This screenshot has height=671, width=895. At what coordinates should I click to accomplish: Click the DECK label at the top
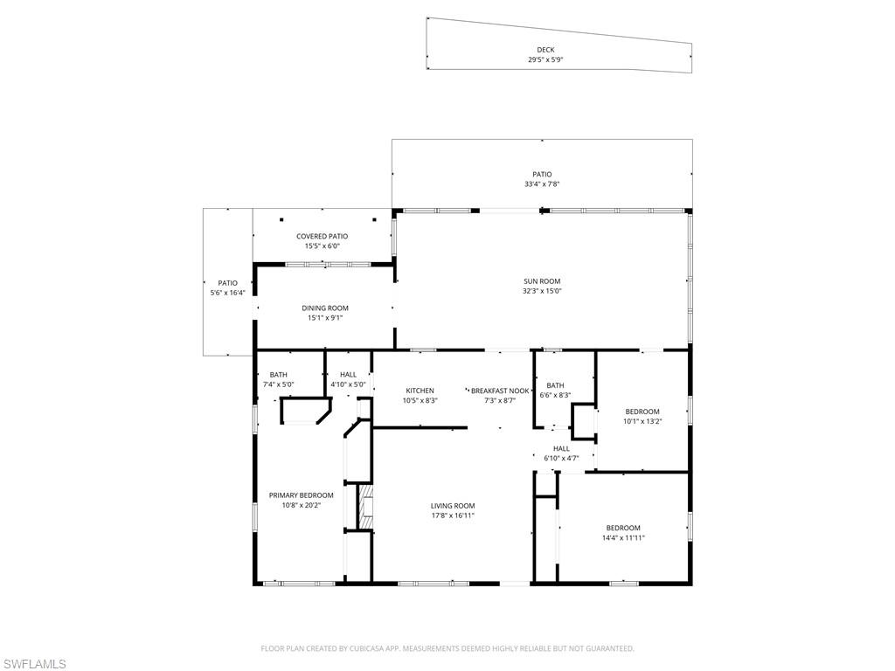pyautogui.click(x=545, y=50)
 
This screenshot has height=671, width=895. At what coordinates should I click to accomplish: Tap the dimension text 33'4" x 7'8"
pyautogui.click(x=542, y=184)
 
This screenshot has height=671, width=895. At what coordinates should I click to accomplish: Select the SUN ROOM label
pyautogui.click(x=542, y=281)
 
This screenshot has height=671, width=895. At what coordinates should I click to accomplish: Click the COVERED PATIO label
pyautogui.click(x=322, y=236)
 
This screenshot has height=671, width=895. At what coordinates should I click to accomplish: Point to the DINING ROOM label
pyautogui.click(x=325, y=308)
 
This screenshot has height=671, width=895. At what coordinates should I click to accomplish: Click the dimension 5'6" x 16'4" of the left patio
pyautogui.click(x=227, y=293)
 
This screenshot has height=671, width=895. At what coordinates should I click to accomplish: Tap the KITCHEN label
pyautogui.click(x=420, y=391)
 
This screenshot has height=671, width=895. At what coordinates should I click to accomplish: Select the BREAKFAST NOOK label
pyautogui.click(x=500, y=391)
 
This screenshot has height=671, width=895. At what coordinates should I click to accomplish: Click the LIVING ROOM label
pyautogui.click(x=453, y=506)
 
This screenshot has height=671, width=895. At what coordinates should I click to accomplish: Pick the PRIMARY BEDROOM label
pyautogui.click(x=301, y=495)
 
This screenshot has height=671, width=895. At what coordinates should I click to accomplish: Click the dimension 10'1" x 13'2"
pyautogui.click(x=642, y=421)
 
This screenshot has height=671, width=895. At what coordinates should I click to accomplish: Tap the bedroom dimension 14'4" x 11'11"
pyautogui.click(x=623, y=537)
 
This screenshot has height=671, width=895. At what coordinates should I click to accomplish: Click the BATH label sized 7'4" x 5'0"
pyautogui.click(x=278, y=375)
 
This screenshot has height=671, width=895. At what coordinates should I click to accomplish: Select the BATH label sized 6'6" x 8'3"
pyautogui.click(x=555, y=385)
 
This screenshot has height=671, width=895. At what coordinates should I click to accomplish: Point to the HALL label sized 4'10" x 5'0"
pyautogui.click(x=348, y=375)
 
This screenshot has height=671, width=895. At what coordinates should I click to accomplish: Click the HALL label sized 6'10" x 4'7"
pyautogui.click(x=561, y=448)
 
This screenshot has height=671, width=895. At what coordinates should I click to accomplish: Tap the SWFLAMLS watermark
pyautogui.click(x=35, y=665)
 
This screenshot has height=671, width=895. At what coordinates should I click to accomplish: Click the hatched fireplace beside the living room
pyautogui.click(x=367, y=507)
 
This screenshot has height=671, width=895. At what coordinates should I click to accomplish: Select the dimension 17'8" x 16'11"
pyautogui.click(x=453, y=515)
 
